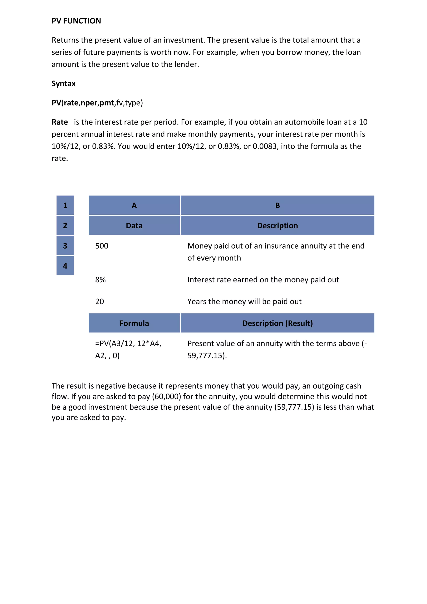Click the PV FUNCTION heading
coord(76,21)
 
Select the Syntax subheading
coord(63,84)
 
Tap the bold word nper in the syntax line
coord(89,103)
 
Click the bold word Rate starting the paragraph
coord(60,122)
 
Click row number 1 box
coord(65,205)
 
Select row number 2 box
coord(65,225)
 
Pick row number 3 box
coord(65,246)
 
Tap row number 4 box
coord(65,266)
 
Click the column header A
coord(134,205)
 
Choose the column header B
coord(277,205)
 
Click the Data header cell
coord(134,226)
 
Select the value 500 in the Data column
coord(102,246)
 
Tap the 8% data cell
coord(100,280)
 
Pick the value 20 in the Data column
coord(100,301)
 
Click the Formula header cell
coord(134,323)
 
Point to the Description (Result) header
coord(277,323)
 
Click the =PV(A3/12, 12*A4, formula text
coord(128,344)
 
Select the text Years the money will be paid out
coord(244,301)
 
